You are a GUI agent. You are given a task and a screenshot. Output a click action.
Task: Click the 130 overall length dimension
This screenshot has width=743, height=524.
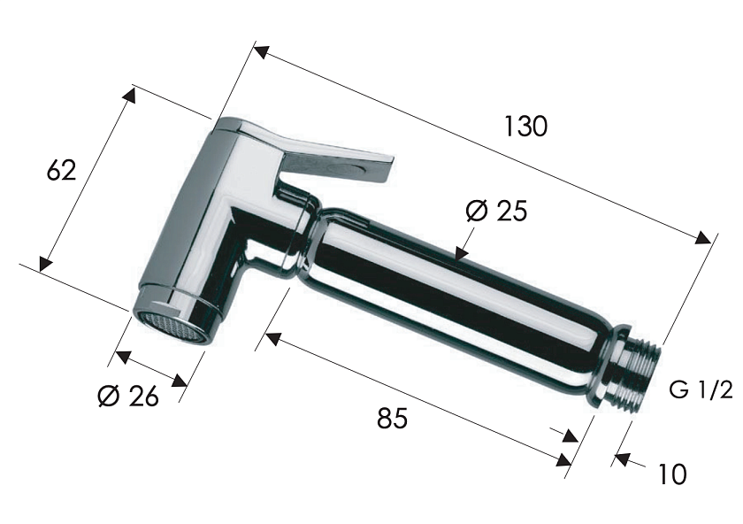pyautogui.click(x=525, y=127)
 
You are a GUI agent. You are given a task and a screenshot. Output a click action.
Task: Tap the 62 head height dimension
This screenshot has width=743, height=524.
pyautogui.click(x=62, y=170)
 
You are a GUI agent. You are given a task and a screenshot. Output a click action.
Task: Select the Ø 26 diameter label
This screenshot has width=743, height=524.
pyautogui.click(x=128, y=396)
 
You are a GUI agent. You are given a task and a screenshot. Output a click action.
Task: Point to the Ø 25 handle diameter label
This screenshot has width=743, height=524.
pyautogui.click(x=496, y=211)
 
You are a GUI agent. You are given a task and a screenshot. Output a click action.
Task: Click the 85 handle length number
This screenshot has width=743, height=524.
pyautogui.click(x=393, y=418)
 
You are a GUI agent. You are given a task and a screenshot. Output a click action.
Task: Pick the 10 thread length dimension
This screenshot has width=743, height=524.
pyautogui.click(x=672, y=474)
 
